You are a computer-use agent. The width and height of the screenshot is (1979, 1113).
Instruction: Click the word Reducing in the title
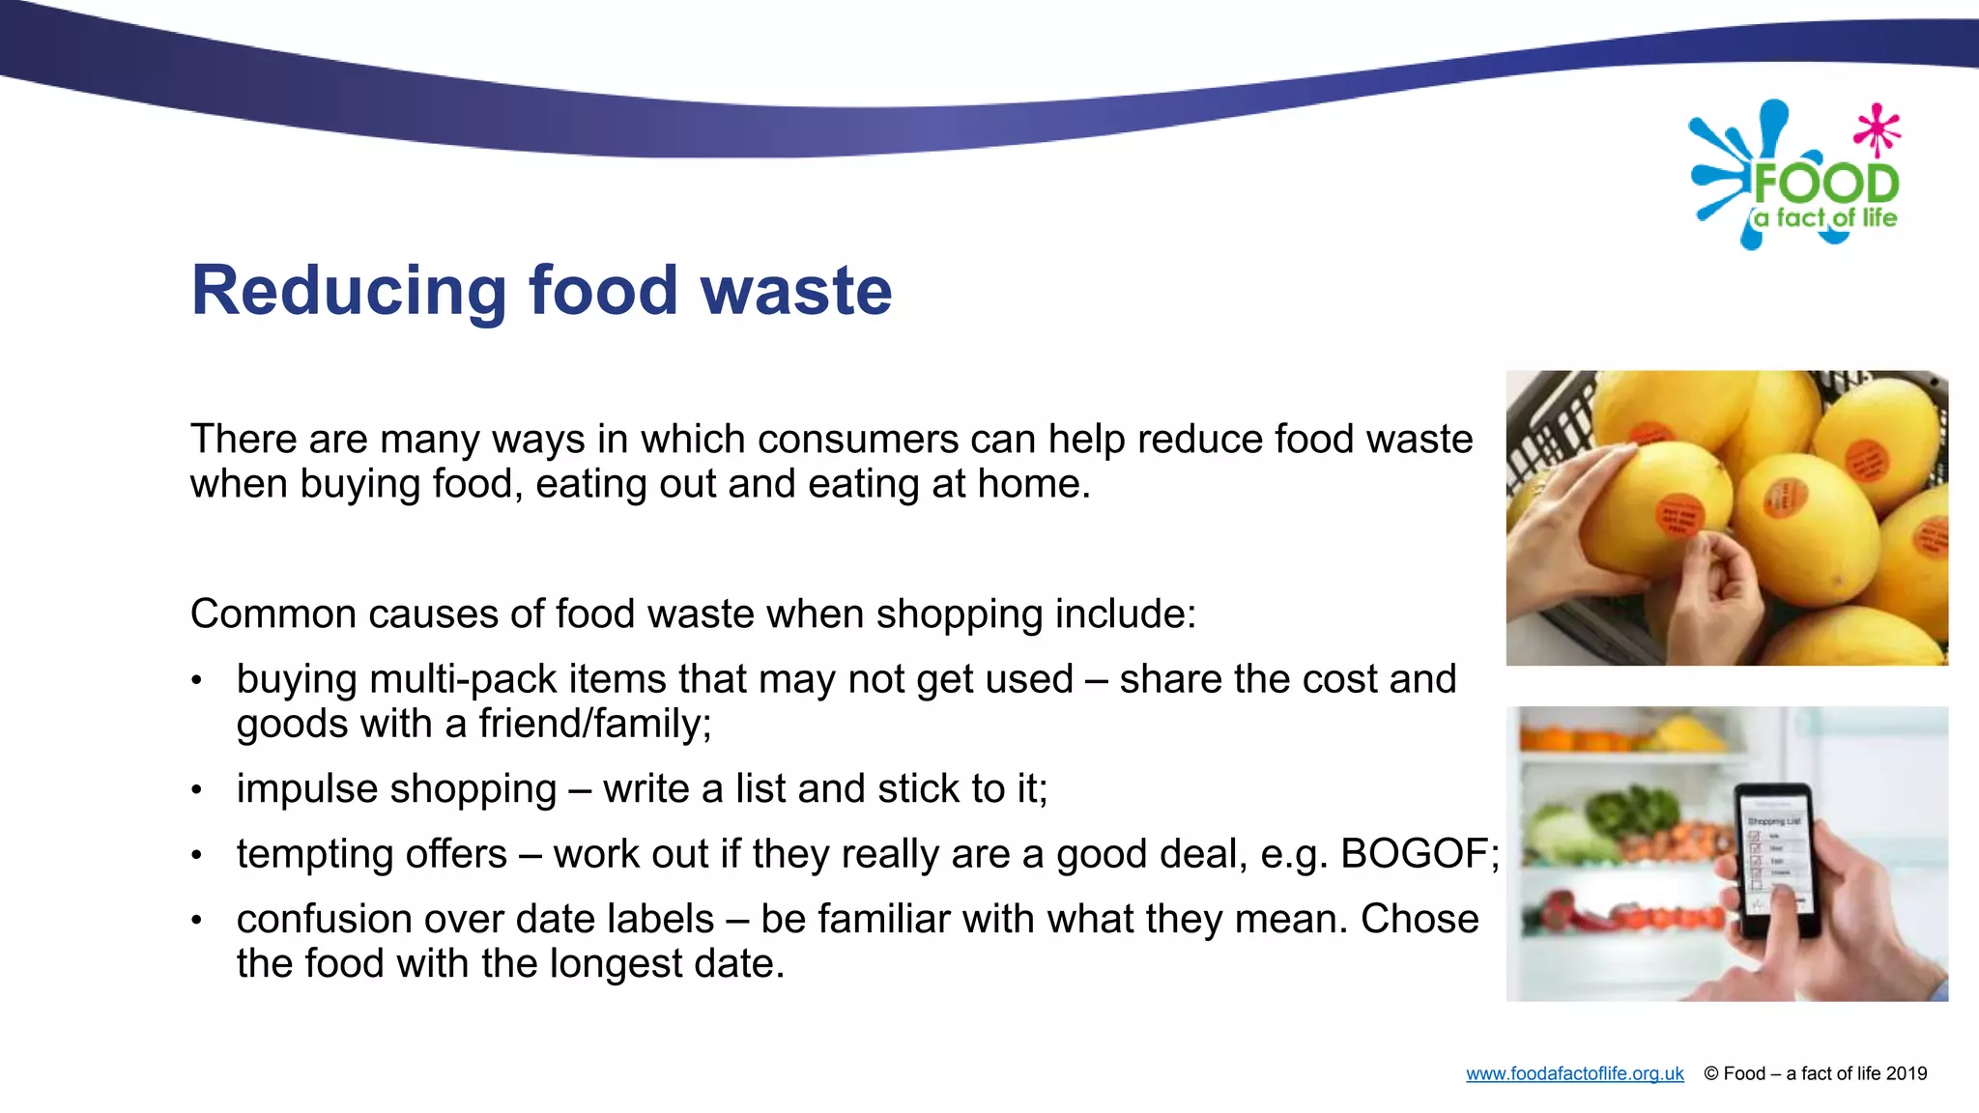coord(349,291)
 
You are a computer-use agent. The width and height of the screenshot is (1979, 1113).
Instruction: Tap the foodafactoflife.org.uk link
coord(1574,1073)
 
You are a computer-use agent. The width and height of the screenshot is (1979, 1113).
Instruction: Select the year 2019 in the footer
coord(1906,1073)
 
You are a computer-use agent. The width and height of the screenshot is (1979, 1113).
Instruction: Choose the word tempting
coord(371,854)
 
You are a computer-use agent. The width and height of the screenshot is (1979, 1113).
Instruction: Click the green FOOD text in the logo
coord(1826,184)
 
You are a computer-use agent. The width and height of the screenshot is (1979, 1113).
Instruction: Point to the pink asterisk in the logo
coord(1877,129)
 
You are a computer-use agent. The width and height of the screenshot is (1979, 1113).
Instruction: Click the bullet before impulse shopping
coord(196,790)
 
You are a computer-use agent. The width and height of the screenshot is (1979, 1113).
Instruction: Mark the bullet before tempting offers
coord(196,855)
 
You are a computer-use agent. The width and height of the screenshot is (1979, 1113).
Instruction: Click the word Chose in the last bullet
coord(1419,919)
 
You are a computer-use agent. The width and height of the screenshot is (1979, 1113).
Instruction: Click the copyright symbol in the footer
coord(1710,1073)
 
